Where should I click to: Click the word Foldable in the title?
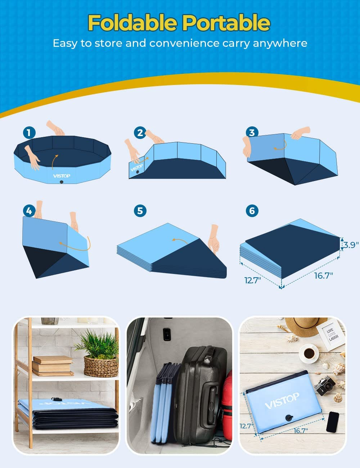click(x=132, y=23)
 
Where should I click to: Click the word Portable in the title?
click(x=226, y=23)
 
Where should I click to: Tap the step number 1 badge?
click(x=29, y=132)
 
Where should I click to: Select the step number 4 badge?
click(x=29, y=211)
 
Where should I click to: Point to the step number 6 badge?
click(x=252, y=211)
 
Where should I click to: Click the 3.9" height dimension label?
click(x=350, y=245)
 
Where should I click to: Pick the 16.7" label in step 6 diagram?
click(x=323, y=276)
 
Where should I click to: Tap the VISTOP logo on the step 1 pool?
click(x=62, y=176)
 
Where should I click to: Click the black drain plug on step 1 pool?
click(x=62, y=182)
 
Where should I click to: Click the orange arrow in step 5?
click(x=180, y=240)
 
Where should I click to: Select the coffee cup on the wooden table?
click(x=309, y=353)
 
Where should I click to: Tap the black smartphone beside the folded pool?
click(x=332, y=422)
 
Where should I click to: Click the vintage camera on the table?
click(x=324, y=385)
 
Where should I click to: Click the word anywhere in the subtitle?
click(x=280, y=44)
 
